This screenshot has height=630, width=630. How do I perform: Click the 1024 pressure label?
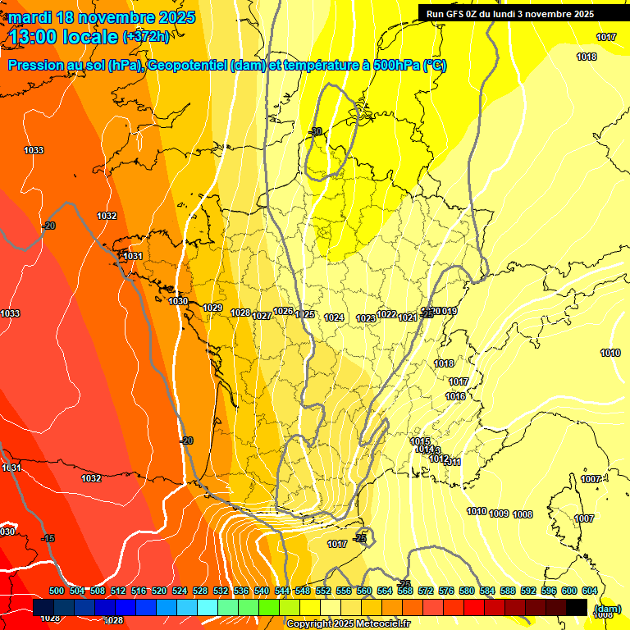334,317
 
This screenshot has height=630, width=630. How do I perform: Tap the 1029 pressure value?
212,308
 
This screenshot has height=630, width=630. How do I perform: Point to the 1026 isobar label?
283,311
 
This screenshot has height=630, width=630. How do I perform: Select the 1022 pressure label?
386,314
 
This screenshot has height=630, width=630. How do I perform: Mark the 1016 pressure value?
455,397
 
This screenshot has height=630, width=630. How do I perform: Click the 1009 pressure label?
499,514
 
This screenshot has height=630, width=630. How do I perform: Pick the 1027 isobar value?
262,316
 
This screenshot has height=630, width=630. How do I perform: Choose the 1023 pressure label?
366,318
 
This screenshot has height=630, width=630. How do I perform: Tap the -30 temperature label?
316,132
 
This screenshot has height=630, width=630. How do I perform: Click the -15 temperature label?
48,538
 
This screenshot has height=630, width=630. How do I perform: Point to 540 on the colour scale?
262,591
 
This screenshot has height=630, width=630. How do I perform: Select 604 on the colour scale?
590,591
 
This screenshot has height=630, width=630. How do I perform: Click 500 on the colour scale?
57,591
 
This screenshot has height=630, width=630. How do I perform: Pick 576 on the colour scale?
446,591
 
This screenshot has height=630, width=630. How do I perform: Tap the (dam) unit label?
608,609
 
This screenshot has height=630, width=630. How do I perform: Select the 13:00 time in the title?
34,36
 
